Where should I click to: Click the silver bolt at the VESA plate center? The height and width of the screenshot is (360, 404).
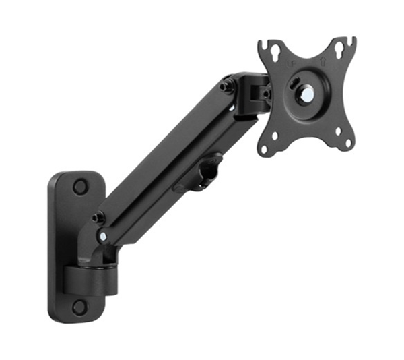pyautogui.click(x=306, y=94)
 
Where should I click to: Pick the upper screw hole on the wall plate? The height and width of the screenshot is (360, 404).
pyautogui.click(x=80, y=186)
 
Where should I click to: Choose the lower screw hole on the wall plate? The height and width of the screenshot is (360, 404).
pyautogui.click(x=79, y=307)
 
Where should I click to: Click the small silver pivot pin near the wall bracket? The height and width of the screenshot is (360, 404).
pyautogui.click(x=102, y=237)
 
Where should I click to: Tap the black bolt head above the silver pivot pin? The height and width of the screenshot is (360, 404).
pyautogui.click(x=99, y=218)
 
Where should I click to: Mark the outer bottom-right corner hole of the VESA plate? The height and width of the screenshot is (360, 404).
pyautogui.click(x=349, y=142)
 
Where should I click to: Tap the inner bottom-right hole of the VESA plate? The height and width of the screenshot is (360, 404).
pyautogui.click(x=335, y=129)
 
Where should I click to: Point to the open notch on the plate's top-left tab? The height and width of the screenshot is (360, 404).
pyautogui.click(x=268, y=45)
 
